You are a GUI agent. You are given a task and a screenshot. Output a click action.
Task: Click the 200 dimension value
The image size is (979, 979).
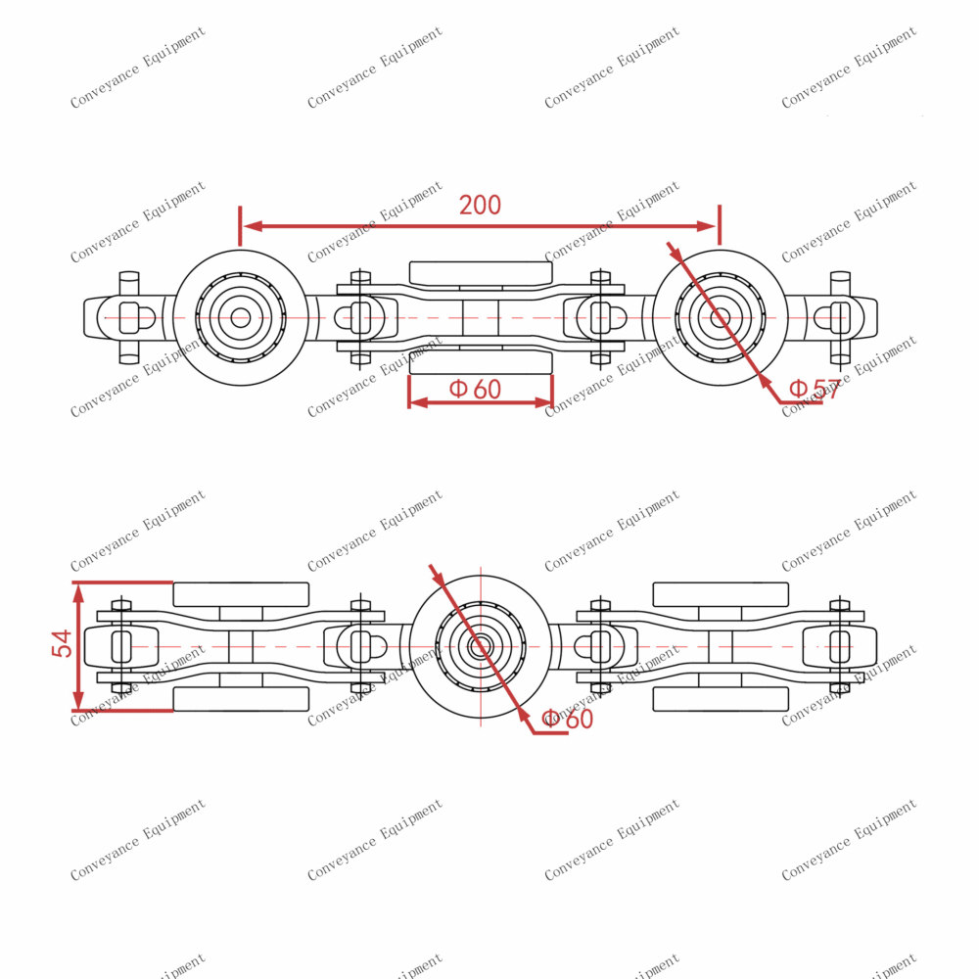[480, 205]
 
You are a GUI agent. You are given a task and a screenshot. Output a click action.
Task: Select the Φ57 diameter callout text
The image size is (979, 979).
[815, 389]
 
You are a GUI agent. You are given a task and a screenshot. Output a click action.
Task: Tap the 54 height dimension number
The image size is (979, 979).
[62, 643]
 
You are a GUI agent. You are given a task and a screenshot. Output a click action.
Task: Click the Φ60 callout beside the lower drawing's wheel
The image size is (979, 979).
[568, 719]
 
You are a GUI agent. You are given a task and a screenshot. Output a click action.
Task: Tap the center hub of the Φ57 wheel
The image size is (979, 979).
[720, 317]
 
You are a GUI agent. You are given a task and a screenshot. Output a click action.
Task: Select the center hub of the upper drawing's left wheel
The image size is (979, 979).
[240, 317]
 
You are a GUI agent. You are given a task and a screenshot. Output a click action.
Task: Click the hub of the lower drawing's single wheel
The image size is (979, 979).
[480, 647]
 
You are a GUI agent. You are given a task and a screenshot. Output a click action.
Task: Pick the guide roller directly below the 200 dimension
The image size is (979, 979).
[480, 273]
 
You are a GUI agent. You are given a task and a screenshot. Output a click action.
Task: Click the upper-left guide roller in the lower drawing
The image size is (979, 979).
[241, 594]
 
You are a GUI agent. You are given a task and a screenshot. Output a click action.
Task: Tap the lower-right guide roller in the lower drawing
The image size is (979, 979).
[721, 699]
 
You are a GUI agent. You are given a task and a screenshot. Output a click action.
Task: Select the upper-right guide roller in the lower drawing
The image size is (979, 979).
[721, 594]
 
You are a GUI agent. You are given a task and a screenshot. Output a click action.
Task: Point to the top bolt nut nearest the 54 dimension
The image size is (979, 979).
[121, 605]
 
